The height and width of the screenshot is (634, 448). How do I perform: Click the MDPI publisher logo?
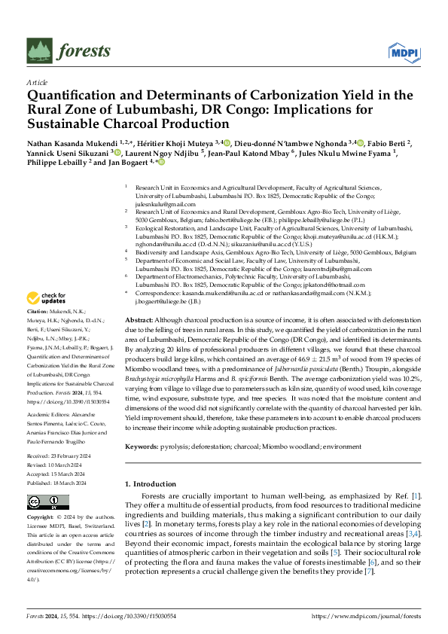coord(404,52)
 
